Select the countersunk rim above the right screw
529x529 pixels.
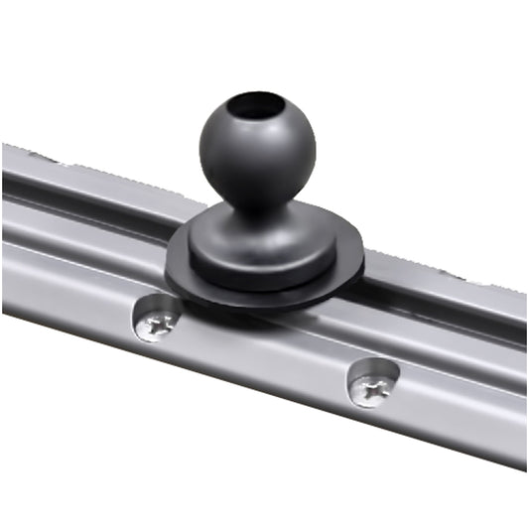pos(375,365)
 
